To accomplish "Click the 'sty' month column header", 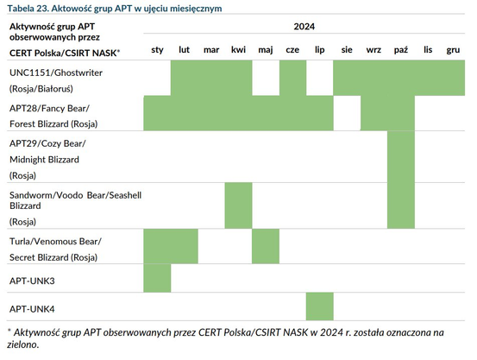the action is click(157, 50).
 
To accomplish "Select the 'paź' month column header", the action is click(400, 50).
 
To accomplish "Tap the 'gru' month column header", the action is click(453, 50).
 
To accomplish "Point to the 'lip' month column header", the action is click(319, 50).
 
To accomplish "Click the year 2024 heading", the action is click(304, 27).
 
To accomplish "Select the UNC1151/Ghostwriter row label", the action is click(56, 73).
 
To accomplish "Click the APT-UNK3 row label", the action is click(32, 281).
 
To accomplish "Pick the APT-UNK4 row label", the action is click(32, 309).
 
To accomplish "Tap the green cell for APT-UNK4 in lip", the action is click(320, 306).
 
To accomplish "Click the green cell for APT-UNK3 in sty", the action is click(157, 278).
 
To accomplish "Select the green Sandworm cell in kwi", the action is click(238, 205).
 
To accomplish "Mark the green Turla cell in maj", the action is click(266, 246).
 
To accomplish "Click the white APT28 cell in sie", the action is click(347, 113).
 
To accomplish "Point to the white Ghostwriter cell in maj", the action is click(266, 78).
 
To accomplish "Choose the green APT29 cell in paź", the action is click(401, 157).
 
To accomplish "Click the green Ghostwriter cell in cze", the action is click(293, 78).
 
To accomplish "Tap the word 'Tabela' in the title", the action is click(21, 9).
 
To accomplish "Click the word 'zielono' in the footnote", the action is click(22, 344).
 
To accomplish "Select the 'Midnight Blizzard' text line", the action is click(44, 160).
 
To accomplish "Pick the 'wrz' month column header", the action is click(373, 50).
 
